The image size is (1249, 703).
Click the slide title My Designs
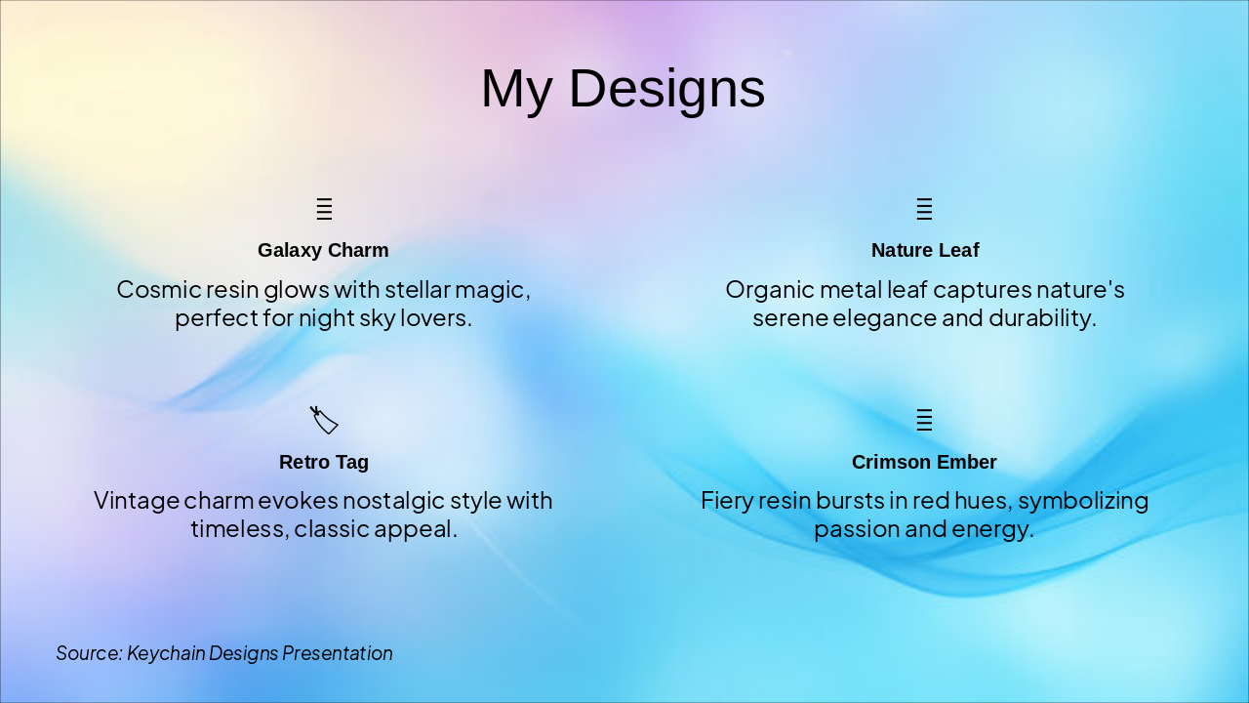pos(623,88)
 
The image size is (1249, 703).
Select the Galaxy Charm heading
pos(323,251)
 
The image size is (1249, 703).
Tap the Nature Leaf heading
pos(925,251)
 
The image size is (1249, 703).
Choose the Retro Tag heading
pos(323,462)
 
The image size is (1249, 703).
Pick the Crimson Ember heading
pos(924,462)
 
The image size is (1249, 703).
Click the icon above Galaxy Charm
pos(324,209)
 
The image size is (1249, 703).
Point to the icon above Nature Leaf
pos(924,209)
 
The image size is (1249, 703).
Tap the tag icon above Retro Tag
pos(324,420)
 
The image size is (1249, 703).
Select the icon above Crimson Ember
pos(924,420)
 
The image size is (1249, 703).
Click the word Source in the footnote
pos(89,653)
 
